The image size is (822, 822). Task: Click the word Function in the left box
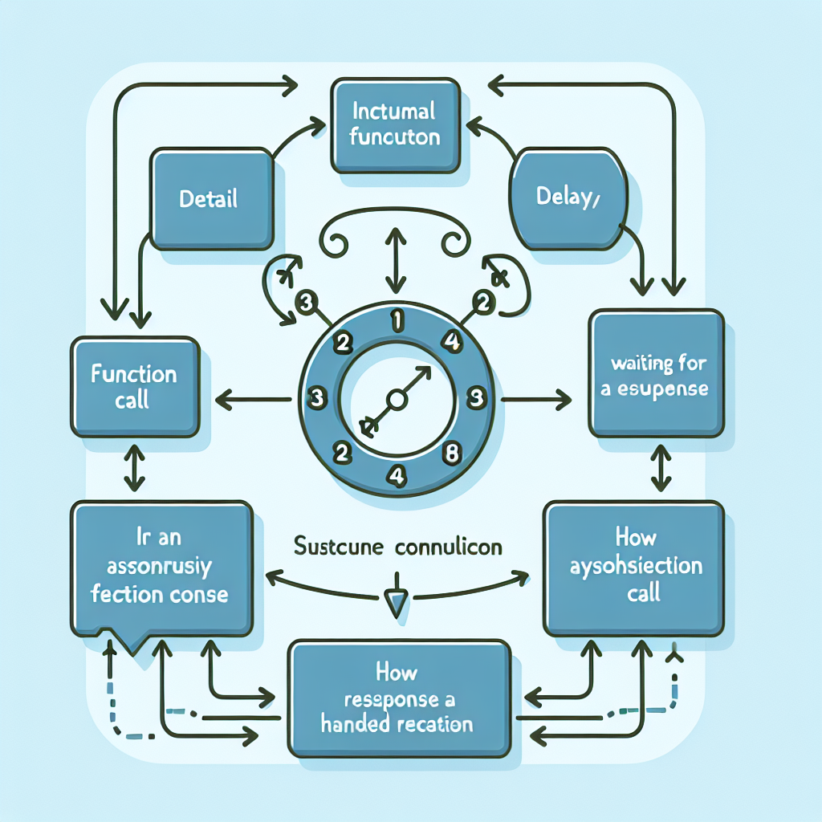point(134,374)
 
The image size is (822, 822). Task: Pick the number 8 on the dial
point(450,452)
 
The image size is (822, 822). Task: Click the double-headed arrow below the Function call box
point(134,470)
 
